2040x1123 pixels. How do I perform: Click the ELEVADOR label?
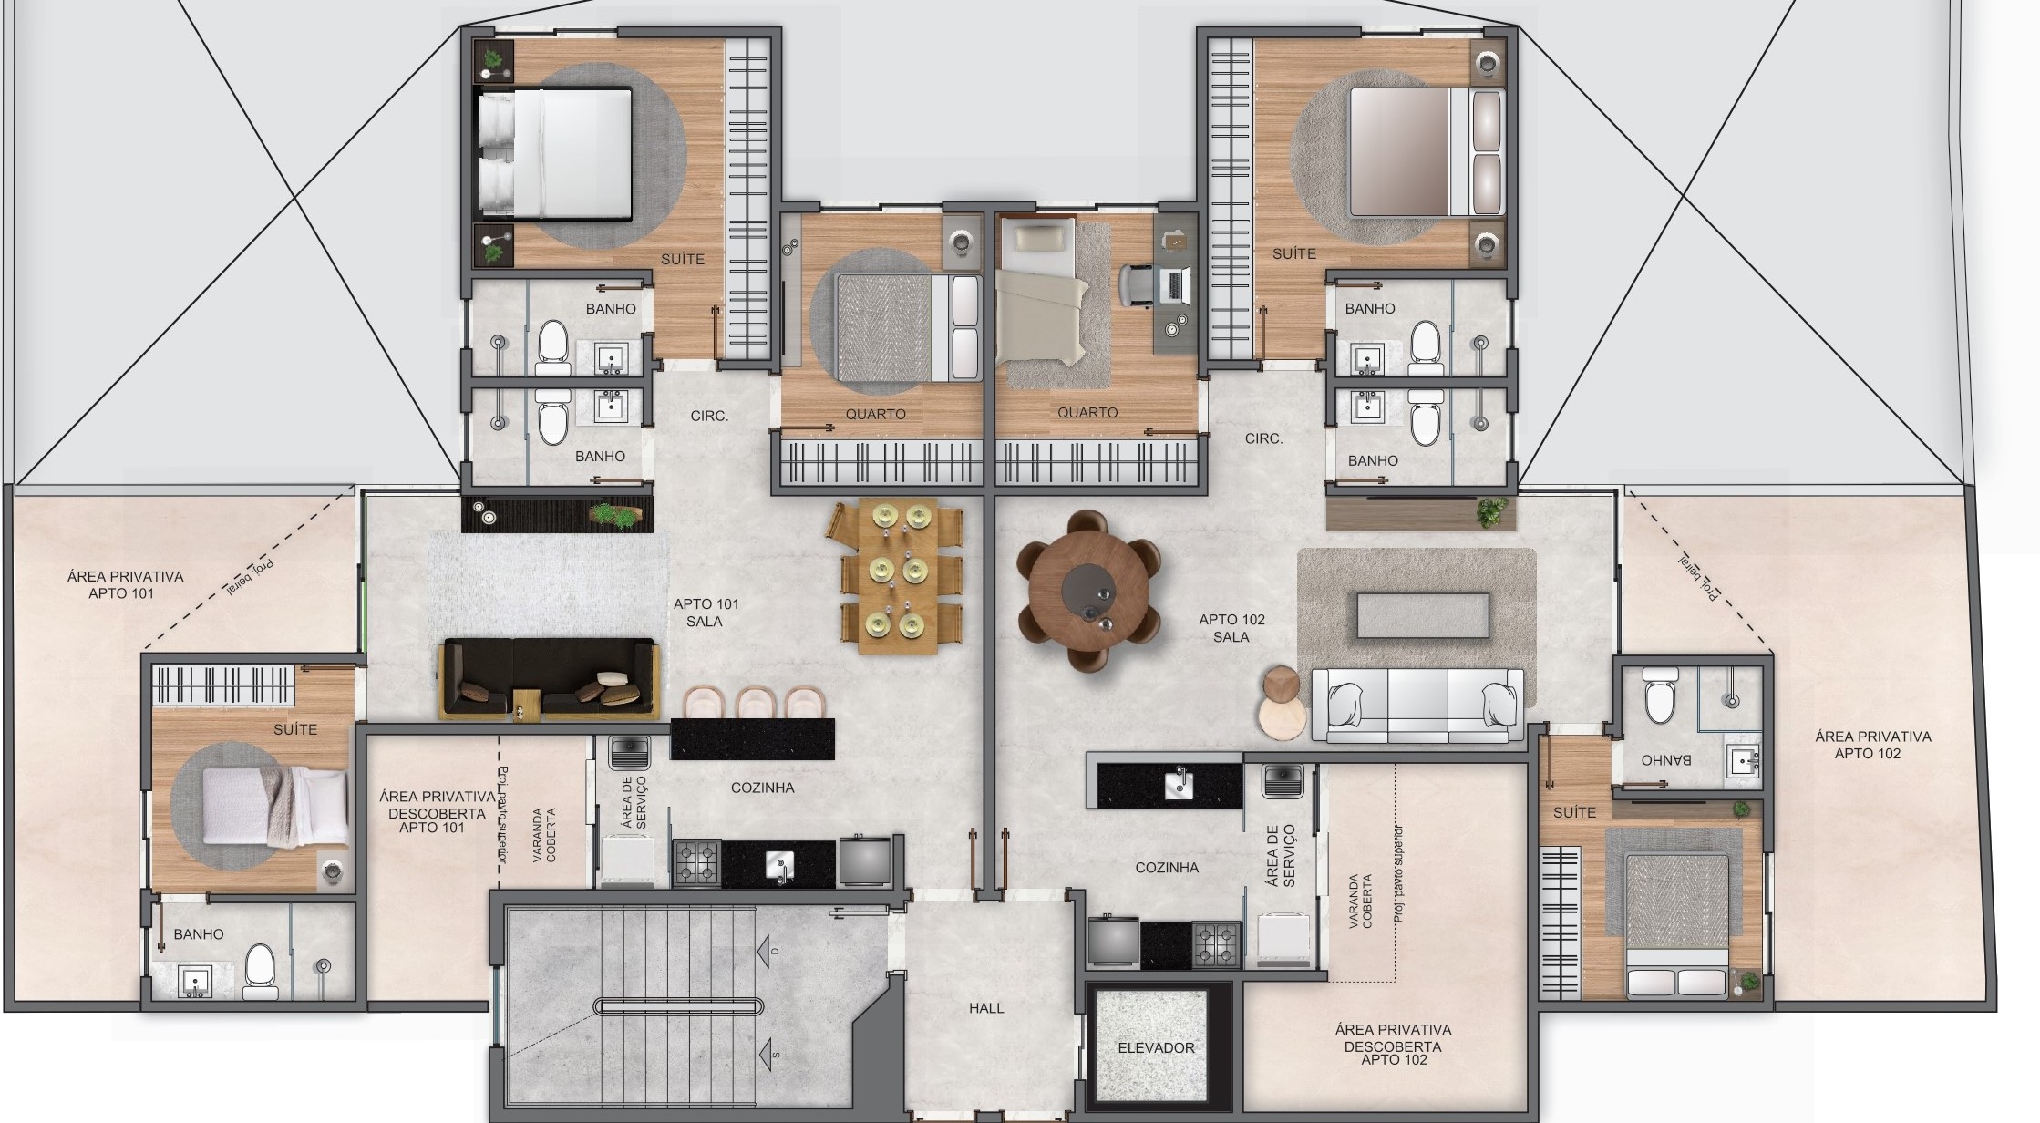(1156, 1047)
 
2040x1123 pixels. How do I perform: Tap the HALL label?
(985, 1008)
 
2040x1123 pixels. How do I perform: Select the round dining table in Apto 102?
(1088, 592)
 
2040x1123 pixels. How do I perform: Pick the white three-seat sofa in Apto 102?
(1417, 705)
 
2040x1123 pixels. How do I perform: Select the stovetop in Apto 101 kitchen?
(697, 862)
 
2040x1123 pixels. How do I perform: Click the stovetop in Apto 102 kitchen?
(1216, 944)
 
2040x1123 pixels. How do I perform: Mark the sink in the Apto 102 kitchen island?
(1179, 785)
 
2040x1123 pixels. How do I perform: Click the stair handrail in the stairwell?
(678, 1006)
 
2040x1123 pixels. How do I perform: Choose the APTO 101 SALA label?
(706, 613)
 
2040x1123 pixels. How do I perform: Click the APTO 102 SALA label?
(1231, 628)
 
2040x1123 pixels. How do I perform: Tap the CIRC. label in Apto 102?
(1263, 438)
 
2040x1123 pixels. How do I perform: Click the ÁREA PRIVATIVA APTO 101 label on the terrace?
(124, 584)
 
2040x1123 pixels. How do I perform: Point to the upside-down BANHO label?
(1665, 759)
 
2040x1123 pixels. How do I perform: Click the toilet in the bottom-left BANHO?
(260, 969)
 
